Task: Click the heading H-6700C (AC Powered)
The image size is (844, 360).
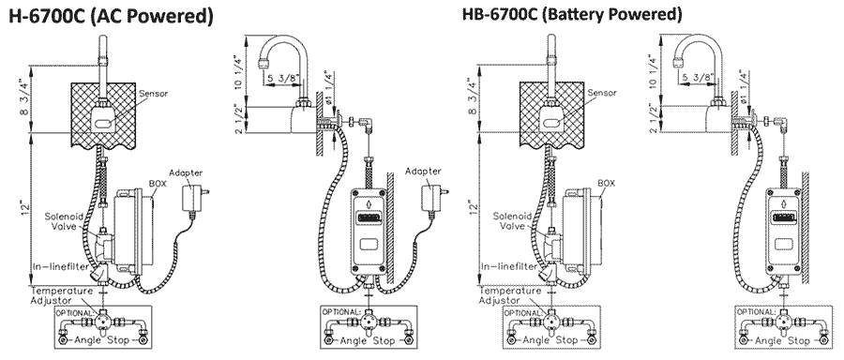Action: tap(111, 16)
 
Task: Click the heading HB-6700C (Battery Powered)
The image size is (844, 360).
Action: tap(572, 14)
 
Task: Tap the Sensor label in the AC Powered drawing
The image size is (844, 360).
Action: tap(154, 94)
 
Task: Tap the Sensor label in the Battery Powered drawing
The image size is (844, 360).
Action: tap(602, 93)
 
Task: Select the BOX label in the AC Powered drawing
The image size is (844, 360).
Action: tap(159, 184)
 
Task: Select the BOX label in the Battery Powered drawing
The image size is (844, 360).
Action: tap(607, 184)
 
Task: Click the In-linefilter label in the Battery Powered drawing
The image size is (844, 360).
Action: tap(508, 266)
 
